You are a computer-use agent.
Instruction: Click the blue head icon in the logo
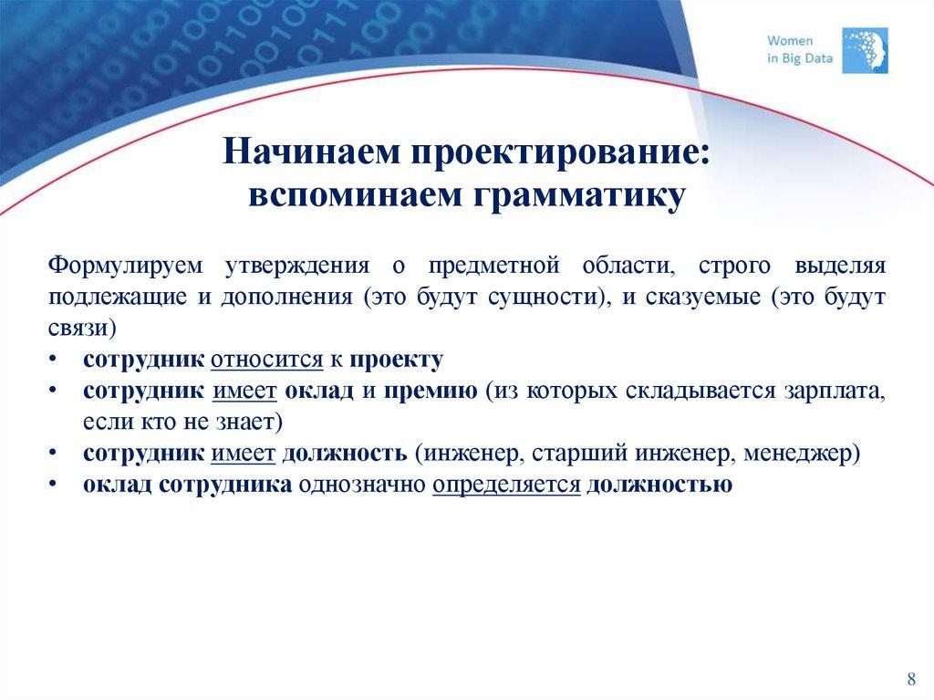(x=863, y=50)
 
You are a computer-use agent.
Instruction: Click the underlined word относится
(x=267, y=360)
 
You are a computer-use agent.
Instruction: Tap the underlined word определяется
(x=506, y=486)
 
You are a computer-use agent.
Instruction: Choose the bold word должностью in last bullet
(x=659, y=485)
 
